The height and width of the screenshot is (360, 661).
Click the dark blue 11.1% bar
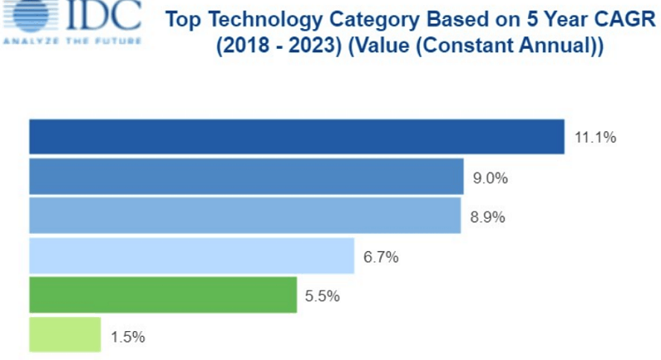pos(297,137)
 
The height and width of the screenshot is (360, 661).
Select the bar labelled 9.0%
pos(246,177)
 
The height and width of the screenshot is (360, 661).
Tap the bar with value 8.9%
pos(245,216)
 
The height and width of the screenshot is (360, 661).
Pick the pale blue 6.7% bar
pos(192,256)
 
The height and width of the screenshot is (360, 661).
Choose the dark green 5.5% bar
pos(163,296)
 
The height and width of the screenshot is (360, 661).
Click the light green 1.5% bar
pos(64,335)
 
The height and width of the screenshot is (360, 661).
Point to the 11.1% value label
pos(595,138)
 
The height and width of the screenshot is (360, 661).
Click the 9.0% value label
pos(490,178)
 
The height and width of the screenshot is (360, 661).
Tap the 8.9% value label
pos(487,217)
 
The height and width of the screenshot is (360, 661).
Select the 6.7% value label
pos(381,257)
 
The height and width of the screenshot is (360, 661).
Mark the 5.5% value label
pos(322,296)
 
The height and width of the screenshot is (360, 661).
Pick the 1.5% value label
pos(127,336)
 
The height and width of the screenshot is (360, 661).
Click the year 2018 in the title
pos(245,47)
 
